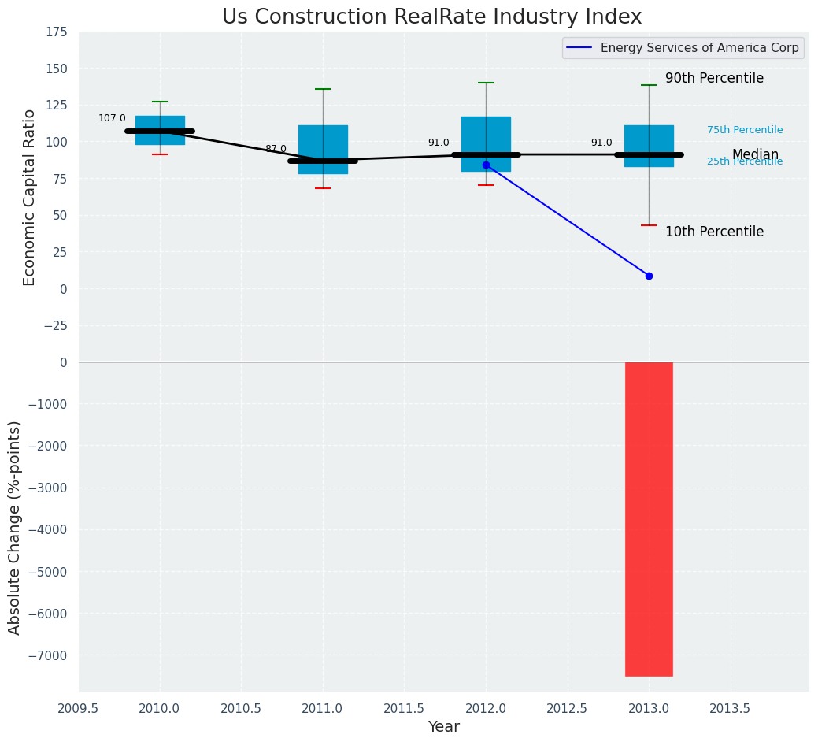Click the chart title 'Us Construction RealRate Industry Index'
tap(431, 17)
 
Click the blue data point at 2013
tap(649, 276)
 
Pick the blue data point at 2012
tap(486, 165)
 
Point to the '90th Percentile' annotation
tap(714, 79)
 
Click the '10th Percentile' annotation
tap(714, 232)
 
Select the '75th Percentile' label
tap(745, 130)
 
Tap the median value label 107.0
tap(112, 118)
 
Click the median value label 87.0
tap(276, 149)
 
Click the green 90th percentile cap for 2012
tap(486, 83)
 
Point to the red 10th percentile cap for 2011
tap(323, 188)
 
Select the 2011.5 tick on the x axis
tap(404, 708)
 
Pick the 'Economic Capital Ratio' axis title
tap(30, 197)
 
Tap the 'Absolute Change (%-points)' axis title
tap(15, 527)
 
